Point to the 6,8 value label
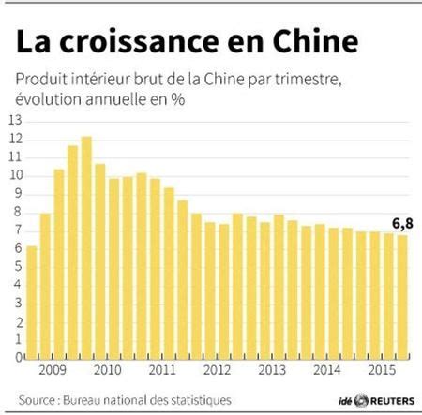(x=401, y=222)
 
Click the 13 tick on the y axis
(x=14, y=121)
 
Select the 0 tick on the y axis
(x=17, y=357)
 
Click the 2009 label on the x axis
(x=51, y=371)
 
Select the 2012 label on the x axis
(x=217, y=371)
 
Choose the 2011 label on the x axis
(x=161, y=371)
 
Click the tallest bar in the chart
(x=86, y=247)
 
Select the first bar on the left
(x=32, y=301)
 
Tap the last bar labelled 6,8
(x=402, y=296)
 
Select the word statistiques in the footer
(x=201, y=400)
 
